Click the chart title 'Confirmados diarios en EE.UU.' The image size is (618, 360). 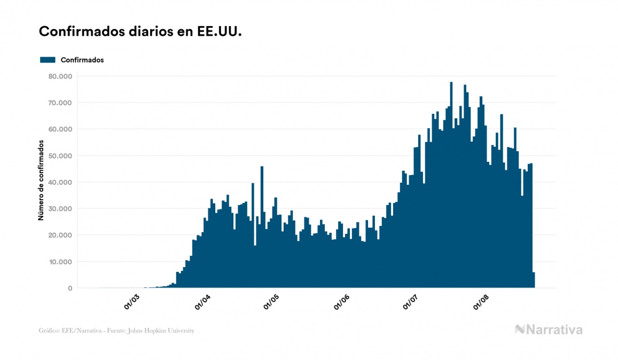(x=140, y=32)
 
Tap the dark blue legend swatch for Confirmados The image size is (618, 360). (x=48, y=60)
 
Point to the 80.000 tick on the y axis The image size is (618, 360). (x=60, y=76)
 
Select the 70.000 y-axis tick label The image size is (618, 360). (x=60, y=103)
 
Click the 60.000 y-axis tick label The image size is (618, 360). (x=60, y=129)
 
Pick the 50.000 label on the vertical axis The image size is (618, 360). (x=60, y=156)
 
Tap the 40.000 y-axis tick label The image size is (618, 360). (x=60, y=182)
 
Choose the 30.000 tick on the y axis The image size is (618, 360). (x=60, y=209)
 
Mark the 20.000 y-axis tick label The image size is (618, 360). (x=60, y=235)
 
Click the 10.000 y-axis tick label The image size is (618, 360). (x=60, y=262)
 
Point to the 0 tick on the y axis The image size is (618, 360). (x=69, y=288)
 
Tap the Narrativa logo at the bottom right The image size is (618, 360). (x=549, y=330)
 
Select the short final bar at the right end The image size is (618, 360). (x=533, y=280)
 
